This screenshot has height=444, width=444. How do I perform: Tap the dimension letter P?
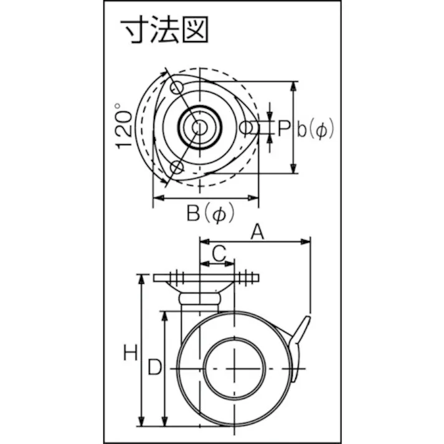coord(284,129)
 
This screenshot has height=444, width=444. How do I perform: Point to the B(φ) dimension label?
coord(210,214)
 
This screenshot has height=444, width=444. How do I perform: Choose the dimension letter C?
coord(218,253)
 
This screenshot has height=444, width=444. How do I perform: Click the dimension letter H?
coord(130,354)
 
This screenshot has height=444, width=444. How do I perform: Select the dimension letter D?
coord(154,368)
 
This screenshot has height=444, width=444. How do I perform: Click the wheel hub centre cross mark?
coord(235,369)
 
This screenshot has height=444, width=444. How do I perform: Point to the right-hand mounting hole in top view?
coord(247,128)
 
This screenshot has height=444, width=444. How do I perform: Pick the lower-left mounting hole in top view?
coord(177,167)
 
